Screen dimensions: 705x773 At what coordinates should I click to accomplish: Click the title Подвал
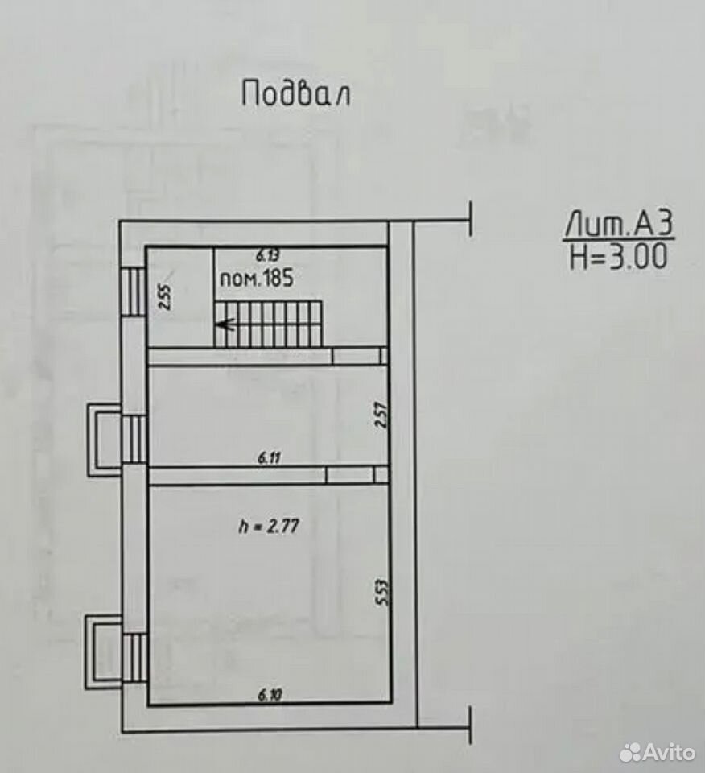(x=296, y=93)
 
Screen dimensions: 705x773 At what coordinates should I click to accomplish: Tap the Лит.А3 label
(x=619, y=225)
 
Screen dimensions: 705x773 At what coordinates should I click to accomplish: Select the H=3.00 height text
(x=619, y=256)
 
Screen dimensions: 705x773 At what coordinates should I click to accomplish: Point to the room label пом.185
(x=256, y=279)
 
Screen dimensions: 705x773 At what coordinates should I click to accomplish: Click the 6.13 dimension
(x=268, y=255)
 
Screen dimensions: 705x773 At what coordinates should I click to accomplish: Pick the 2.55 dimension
(x=166, y=297)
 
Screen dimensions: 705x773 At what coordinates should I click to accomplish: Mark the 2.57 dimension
(x=381, y=415)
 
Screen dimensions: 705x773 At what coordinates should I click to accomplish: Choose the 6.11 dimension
(x=269, y=458)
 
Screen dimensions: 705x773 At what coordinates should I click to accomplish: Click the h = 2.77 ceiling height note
(x=269, y=526)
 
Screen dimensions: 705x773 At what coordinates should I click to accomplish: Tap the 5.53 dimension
(x=382, y=592)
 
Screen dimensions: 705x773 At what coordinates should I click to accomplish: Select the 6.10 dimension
(x=270, y=695)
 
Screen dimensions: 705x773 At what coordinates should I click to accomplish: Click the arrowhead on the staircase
(x=225, y=324)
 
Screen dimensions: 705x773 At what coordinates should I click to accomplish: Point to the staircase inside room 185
(x=269, y=324)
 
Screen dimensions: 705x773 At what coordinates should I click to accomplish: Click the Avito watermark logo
(x=658, y=752)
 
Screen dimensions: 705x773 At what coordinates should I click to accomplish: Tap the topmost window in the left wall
(x=134, y=291)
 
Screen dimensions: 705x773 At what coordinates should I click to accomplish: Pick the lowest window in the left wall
(x=134, y=658)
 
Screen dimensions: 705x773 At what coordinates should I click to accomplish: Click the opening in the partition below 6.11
(x=350, y=475)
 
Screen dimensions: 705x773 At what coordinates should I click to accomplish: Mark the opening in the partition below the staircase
(x=357, y=356)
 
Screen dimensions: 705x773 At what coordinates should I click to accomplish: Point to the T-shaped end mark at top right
(x=472, y=219)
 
